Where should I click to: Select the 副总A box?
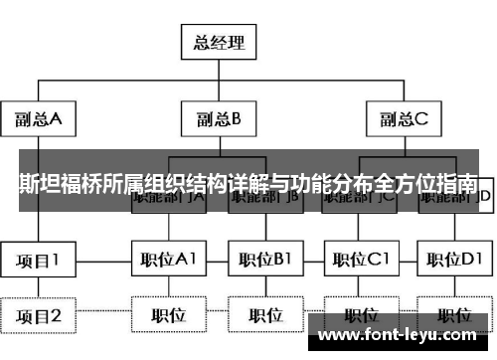pyautogui.click(x=39, y=120)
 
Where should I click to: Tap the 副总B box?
pyautogui.click(x=218, y=120)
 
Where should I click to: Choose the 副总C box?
pyautogui.click(x=403, y=120)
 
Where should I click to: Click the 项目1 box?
pyautogui.click(x=39, y=260)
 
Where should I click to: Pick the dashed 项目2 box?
pyautogui.click(x=39, y=316)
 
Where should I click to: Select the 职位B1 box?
pyautogui.click(x=264, y=260)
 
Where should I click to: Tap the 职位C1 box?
pyautogui.click(x=360, y=260)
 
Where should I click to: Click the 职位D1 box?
pyautogui.click(x=454, y=260)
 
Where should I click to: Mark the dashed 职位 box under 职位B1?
pyautogui.click(x=264, y=316)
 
